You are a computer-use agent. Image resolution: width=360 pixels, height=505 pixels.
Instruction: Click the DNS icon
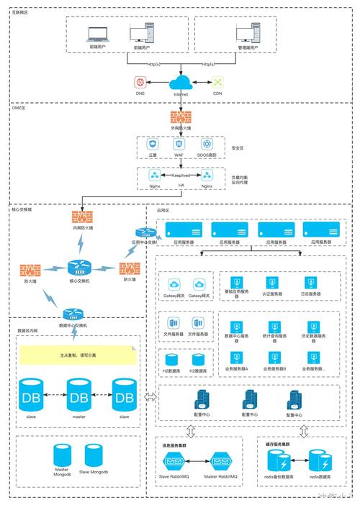[140, 83]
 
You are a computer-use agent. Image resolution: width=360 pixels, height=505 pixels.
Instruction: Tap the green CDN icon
[217, 83]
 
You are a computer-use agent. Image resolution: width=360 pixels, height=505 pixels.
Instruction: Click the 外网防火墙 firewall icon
[181, 117]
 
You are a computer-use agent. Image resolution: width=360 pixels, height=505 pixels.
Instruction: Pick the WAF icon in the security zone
[179, 145]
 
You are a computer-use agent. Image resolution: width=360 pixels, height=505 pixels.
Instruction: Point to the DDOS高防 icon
[207, 145]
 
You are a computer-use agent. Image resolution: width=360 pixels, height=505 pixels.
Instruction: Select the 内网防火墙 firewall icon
[82, 216]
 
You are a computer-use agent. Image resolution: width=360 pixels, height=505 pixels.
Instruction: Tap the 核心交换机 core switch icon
[81, 267]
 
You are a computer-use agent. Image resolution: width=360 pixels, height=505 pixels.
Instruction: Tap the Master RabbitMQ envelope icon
[220, 461]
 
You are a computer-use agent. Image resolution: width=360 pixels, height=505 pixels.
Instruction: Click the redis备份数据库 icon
[277, 461]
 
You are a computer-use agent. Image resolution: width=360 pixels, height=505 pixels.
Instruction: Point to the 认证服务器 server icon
[271, 282]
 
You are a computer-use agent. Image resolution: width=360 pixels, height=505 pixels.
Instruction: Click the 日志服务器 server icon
[311, 282]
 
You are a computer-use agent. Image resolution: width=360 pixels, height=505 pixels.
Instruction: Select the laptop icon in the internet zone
[96, 33]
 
